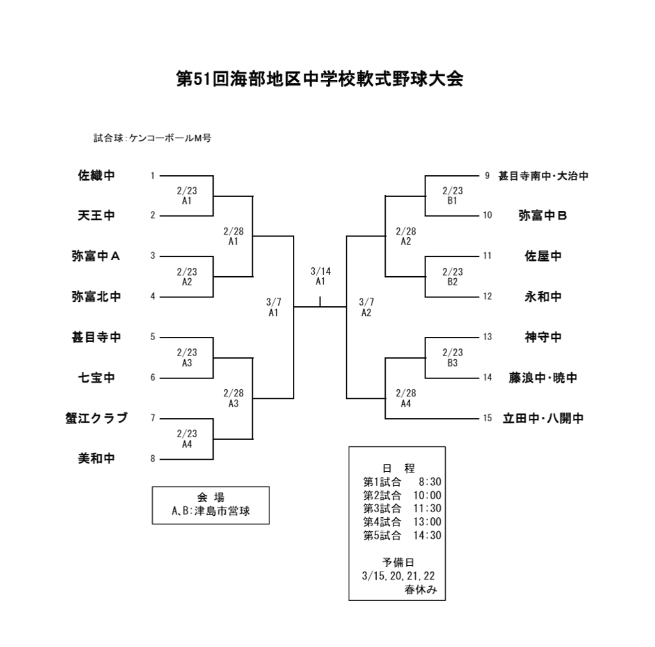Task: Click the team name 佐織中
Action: [x=96, y=175]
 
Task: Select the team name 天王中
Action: [x=96, y=215]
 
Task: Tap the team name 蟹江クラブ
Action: [x=96, y=418]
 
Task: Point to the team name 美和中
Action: [x=96, y=458]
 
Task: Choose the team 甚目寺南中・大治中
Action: [x=543, y=176]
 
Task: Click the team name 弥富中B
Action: [x=543, y=215]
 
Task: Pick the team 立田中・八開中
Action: [x=543, y=419]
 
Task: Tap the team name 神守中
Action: [x=543, y=338]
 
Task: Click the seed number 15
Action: [x=487, y=419]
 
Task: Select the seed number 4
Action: [x=153, y=297]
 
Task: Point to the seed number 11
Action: [x=487, y=256]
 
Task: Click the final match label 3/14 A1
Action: [x=320, y=276]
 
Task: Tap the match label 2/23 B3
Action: [x=452, y=357]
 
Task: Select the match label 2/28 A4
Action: [x=406, y=398]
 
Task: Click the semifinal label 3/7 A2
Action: [x=367, y=307]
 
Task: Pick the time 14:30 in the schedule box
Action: [x=427, y=535]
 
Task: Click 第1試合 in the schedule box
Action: [x=382, y=481]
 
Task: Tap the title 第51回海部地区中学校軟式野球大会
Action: [x=319, y=79]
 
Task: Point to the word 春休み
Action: [x=420, y=589]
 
